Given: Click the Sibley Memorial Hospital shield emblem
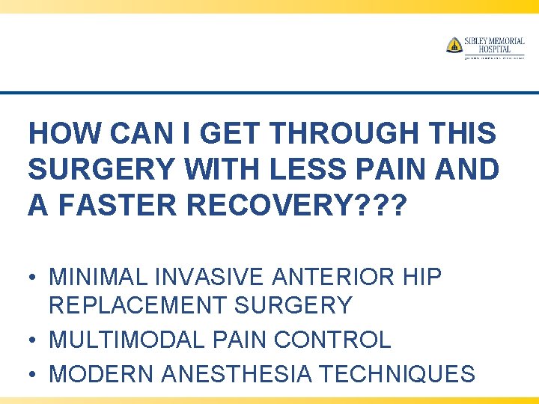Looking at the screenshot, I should (454, 45).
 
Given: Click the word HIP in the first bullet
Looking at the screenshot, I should (421, 278).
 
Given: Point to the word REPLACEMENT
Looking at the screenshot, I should (140, 306).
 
